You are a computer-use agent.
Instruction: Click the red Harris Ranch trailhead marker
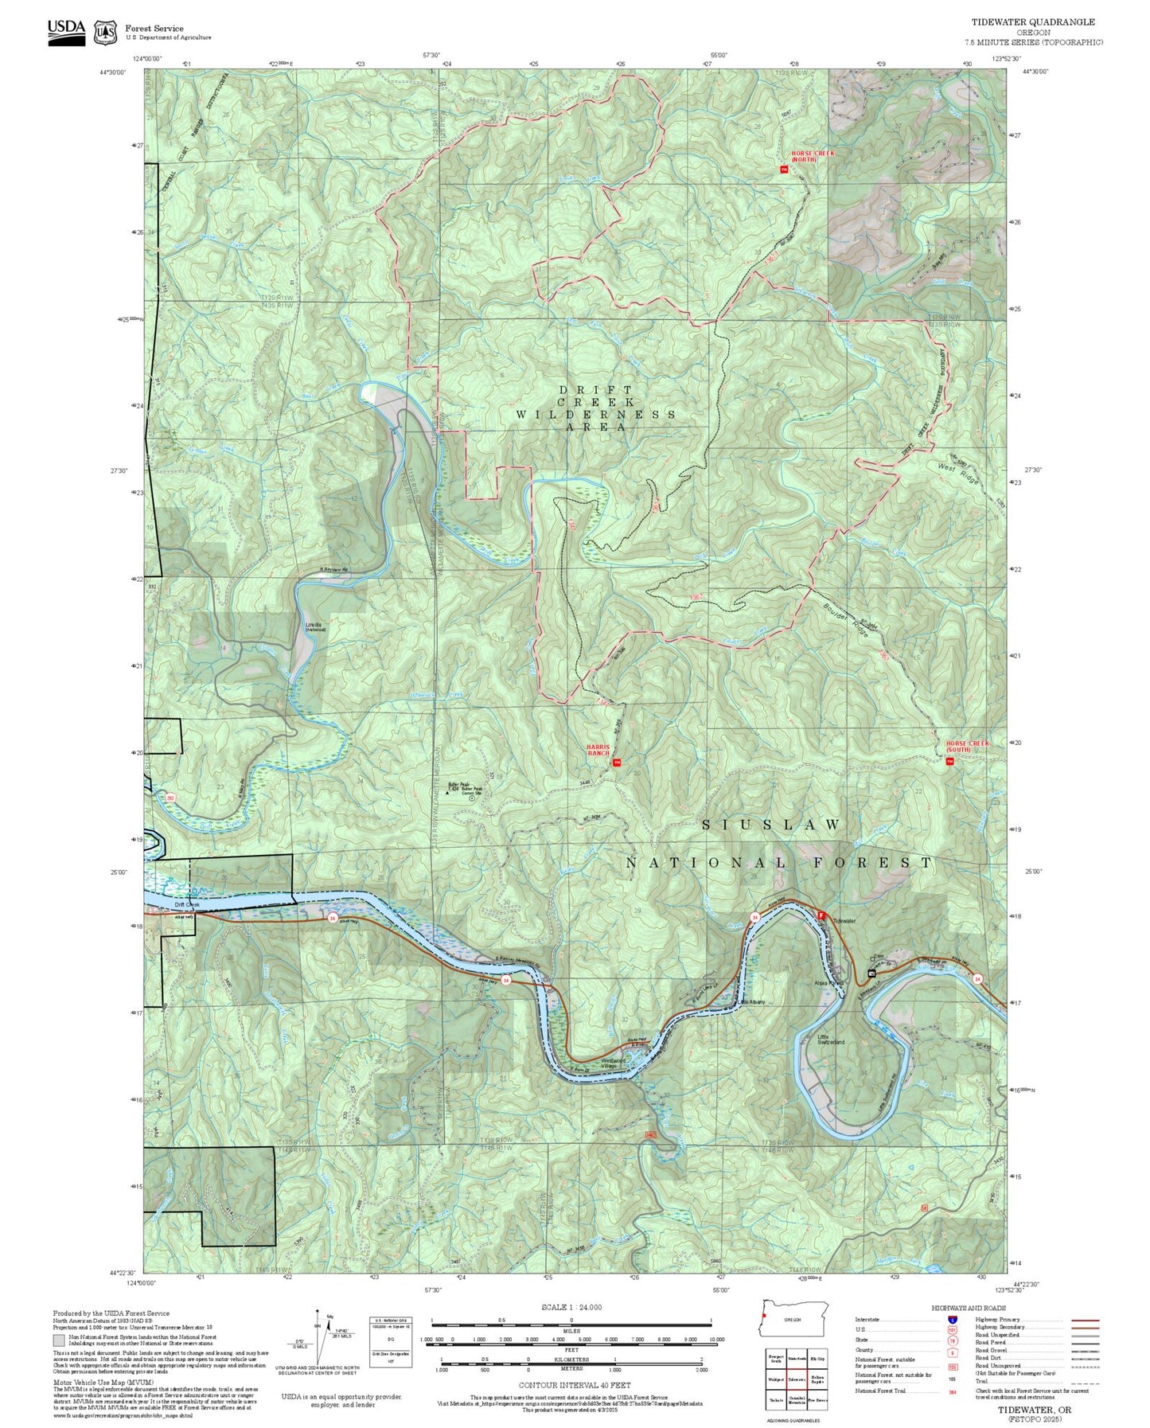(617, 763)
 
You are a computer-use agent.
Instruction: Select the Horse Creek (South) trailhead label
(967, 747)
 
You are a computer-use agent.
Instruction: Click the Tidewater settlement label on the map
(844, 921)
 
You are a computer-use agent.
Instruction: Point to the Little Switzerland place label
(830, 1039)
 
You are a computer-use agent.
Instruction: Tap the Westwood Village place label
(614, 1063)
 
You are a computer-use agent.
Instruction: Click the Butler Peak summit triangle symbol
(446, 794)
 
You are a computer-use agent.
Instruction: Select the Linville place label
(314, 626)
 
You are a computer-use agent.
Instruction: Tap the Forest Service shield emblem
(105, 32)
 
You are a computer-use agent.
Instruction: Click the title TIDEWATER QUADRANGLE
(1032, 22)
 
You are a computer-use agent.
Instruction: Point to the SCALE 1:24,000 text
(571, 1307)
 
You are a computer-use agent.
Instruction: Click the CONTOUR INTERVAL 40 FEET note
(571, 1386)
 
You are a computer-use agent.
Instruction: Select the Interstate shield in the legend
(953, 1320)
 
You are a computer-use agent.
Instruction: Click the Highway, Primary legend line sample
(1085, 1320)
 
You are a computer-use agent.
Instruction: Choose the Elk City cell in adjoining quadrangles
(817, 1358)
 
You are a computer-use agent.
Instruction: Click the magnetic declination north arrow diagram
(318, 1337)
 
